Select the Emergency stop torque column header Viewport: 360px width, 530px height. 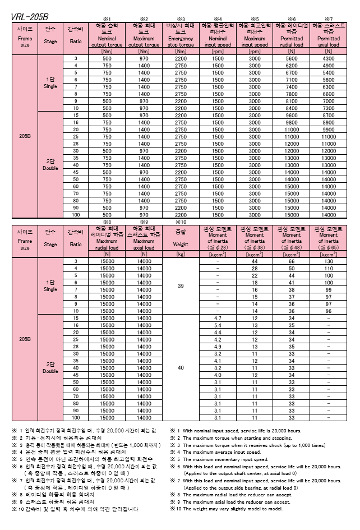181,35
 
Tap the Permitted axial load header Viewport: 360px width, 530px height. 328,35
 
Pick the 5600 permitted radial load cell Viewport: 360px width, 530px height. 292,59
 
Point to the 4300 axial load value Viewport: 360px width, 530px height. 328,59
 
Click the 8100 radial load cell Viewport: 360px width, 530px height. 292,101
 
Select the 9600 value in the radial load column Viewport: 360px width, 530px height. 292,115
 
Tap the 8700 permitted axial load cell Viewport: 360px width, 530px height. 328,115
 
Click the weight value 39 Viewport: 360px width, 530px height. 181,286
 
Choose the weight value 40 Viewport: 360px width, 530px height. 181,368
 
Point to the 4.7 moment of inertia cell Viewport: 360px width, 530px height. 218,317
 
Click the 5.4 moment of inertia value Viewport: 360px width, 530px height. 218,325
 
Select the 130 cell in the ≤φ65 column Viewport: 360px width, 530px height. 328,261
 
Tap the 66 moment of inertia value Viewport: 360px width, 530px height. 292,261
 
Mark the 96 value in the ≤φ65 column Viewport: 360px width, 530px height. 328,311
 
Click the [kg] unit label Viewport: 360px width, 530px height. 181,254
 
